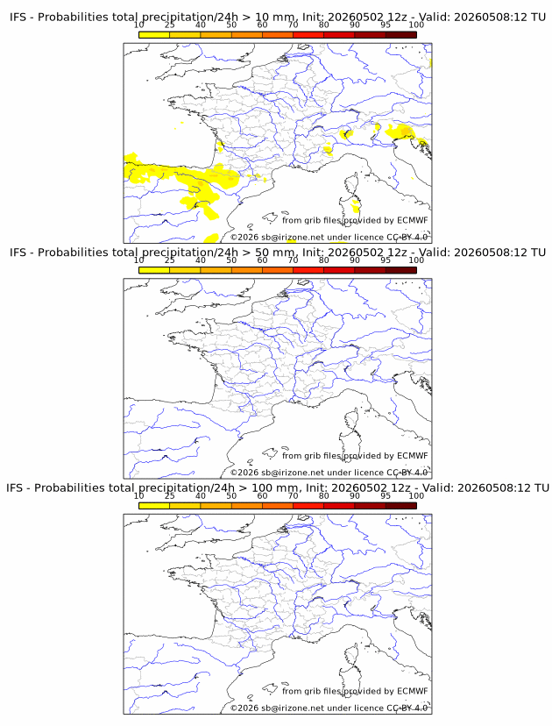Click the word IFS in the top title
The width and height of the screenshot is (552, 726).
[x=18, y=18]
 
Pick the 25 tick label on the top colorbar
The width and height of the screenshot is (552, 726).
[x=170, y=25]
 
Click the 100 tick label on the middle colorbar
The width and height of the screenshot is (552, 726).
[x=416, y=260]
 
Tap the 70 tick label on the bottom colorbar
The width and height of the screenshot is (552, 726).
[x=293, y=496]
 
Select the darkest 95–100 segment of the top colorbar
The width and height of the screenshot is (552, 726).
[x=401, y=35]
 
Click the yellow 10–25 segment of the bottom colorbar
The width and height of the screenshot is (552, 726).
[x=154, y=506]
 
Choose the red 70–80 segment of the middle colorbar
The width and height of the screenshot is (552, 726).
[x=308, y=270]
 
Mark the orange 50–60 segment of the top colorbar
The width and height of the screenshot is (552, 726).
[x=247, y=35]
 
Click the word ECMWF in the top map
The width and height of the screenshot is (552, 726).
[x=413, y=220]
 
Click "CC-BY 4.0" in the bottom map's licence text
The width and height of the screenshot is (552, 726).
[x=407, y=708]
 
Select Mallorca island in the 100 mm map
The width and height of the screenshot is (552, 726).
[x=270, y=688]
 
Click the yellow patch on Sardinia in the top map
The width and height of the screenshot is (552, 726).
[x=356, y=204]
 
